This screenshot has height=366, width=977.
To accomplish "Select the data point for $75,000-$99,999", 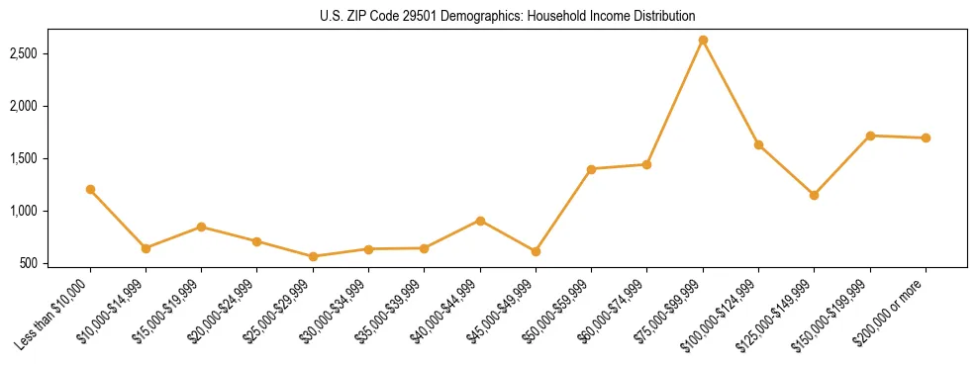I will tap(703, 40).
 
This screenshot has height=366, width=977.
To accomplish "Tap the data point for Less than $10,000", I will tap(90, 189).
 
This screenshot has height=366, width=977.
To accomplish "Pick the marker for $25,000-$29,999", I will tap(313, 256).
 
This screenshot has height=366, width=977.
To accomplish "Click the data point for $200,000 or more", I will tap(926, 137).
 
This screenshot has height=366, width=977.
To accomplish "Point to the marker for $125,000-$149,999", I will tap(814, 195).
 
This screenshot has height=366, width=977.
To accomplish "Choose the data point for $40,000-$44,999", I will tap(480, 221).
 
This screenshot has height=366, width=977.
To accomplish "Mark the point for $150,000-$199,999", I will tap(870, 136).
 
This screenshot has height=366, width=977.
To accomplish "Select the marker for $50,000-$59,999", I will tap(591, 169).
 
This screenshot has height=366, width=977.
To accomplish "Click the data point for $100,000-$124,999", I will tap(758, 144).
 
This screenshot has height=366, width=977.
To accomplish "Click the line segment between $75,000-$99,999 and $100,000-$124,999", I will tap(731, 92).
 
